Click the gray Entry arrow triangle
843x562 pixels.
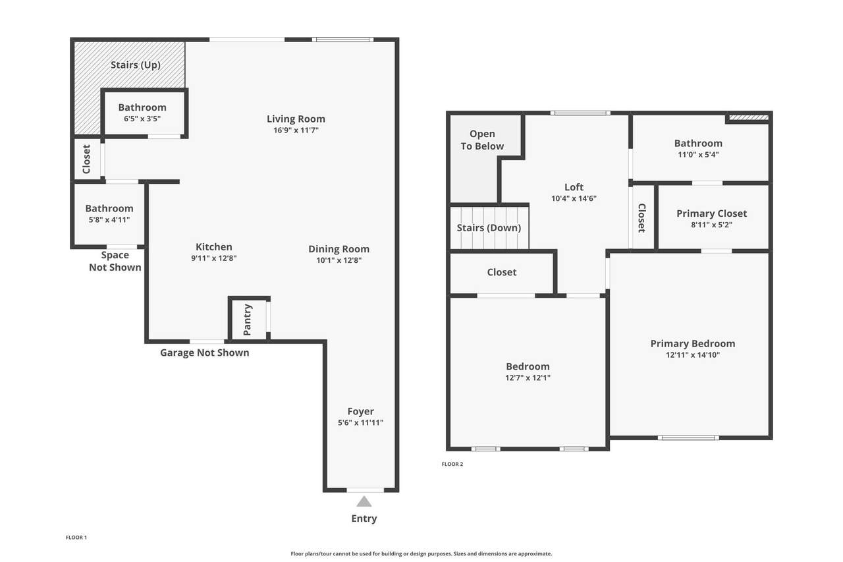click(364, 501)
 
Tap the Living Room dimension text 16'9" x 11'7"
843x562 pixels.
click(296, 130)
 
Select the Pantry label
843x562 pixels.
click(247, 320)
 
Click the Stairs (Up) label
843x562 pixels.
click(136, 65)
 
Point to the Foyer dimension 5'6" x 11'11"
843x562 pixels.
click(360, 422)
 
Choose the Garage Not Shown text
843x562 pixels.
click(205, 352)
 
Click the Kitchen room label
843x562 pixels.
click(214, 247)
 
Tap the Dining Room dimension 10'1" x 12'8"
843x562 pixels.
click(339, 260)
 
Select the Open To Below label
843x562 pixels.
click(482, 140)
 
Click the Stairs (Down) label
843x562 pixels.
click(489, 228)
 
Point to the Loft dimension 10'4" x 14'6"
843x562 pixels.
click(574, 198)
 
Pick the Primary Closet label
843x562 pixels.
click(712, 213)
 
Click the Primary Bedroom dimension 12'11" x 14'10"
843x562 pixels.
click(693, 354)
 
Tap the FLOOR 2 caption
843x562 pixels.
click(452, 464)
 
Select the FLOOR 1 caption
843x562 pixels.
click(76, 538)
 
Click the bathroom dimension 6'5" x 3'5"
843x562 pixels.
click(142, 119)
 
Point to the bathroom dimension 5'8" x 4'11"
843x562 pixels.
click(109, 220)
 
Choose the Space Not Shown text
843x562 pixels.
click(115, 262)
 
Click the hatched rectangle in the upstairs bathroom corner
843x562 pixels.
click(749, 118)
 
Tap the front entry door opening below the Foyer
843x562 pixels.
click(365, 490)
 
